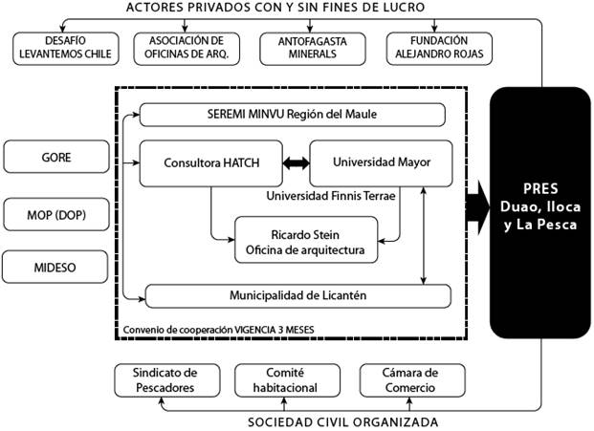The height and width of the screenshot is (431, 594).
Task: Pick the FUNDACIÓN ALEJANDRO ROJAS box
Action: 439,47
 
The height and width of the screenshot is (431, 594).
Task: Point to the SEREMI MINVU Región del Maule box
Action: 293,116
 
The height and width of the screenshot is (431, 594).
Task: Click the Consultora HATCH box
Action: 211,163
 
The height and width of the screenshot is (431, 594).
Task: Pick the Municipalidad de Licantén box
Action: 297,296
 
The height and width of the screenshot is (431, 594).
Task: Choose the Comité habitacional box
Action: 277,380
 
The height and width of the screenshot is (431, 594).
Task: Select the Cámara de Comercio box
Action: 398,380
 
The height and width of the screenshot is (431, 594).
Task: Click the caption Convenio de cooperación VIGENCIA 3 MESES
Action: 219,330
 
